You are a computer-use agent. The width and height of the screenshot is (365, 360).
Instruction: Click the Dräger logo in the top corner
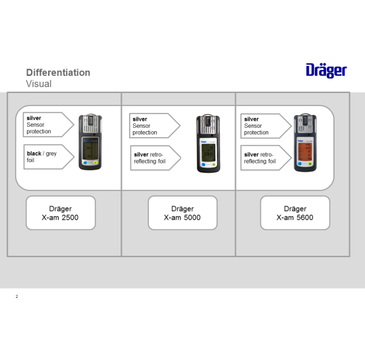click(326, 71)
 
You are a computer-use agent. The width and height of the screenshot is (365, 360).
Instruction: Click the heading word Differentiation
click(58, 73)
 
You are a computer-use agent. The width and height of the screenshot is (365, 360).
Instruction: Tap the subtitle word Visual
click(39, 84)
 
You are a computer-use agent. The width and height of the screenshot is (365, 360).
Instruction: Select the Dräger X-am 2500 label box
click(61, 213)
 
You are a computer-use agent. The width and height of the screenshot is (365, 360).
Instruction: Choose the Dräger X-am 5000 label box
click(182, 213)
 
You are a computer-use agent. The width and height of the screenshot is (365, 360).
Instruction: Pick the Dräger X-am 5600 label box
click(295, 213)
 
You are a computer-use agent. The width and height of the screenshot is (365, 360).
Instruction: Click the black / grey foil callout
click(49, 157)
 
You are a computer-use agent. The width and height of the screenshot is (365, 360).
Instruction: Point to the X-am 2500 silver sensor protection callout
click(48, 125)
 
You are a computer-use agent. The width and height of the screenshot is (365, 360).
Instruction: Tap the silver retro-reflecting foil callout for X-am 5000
click(155, 158)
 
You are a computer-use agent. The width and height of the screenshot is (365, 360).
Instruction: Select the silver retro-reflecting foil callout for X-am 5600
click(266, 158)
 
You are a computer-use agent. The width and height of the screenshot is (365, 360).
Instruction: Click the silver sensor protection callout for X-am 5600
click(266, 126)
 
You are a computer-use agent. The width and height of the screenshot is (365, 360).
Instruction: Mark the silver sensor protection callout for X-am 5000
click(155, 126)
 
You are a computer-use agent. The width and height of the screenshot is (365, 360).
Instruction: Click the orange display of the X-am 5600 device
click(305, 152)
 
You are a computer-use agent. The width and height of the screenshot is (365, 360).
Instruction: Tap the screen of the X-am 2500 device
click(90, 150)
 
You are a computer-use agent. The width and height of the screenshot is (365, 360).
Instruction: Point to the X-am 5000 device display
click(208, 152)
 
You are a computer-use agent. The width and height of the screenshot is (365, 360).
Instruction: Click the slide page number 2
click(16, 297)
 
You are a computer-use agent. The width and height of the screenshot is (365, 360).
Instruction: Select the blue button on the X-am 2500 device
click(85, 163)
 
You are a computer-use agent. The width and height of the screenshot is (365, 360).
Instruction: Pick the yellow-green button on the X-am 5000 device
click(213, 164)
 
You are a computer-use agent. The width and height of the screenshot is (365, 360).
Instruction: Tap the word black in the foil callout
click(34, 154)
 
